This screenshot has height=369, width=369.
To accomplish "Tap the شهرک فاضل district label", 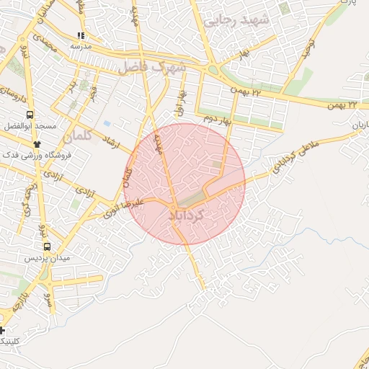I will (x=153, y=67).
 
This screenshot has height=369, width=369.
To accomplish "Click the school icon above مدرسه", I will (x=81, y=35).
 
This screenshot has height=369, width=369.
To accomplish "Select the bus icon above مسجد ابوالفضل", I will (x=30, y=115).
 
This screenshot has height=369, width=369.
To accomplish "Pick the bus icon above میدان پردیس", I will (x=47, y=246).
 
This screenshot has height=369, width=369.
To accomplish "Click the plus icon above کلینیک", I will (x=2, y=331).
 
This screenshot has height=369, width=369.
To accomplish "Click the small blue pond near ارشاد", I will (x=107, y=123).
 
